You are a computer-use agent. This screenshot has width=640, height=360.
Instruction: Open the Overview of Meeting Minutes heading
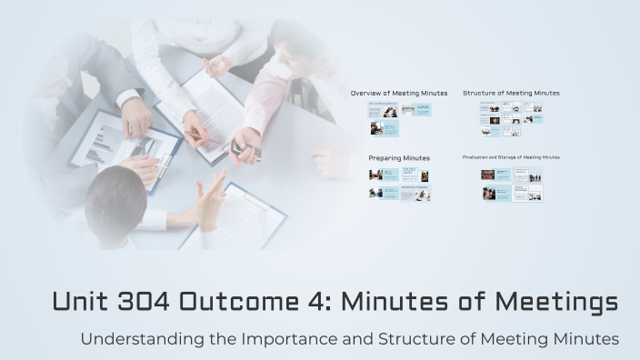(399, 93)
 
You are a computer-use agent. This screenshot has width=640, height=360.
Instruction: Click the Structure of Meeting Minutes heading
(511, 93)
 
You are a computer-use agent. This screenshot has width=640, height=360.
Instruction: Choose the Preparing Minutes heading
(399, 158)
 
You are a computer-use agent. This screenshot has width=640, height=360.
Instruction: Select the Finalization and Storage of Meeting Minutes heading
(511, 157)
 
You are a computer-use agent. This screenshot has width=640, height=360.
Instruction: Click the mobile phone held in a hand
(239, 146)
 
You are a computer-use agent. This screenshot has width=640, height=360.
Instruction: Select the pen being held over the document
(195, 136)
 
